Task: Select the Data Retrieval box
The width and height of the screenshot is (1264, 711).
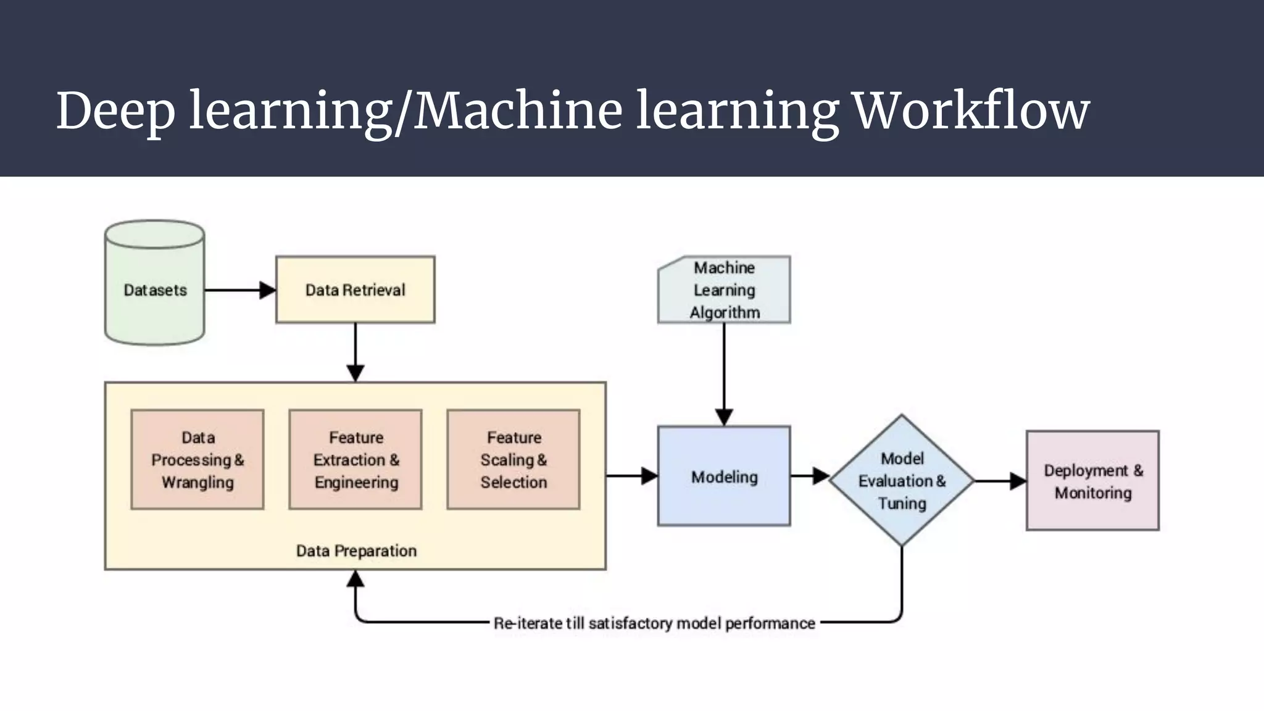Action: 355,289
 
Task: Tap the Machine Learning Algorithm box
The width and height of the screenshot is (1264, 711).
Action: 724,289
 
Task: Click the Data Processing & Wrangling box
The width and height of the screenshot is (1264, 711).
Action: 197,460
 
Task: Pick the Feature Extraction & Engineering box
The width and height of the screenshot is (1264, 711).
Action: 355,460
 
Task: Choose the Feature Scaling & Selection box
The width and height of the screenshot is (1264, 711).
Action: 513,460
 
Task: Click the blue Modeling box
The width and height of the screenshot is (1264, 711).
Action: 724,476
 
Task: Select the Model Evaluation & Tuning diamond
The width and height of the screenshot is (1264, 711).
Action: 902,480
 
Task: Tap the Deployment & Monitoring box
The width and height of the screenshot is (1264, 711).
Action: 1092,481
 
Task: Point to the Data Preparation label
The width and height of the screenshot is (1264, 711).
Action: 356,551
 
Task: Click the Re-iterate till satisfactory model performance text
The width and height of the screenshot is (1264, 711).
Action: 654,623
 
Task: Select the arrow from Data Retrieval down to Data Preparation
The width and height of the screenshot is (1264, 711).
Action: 355,352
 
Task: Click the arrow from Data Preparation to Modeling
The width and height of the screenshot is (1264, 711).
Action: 632,476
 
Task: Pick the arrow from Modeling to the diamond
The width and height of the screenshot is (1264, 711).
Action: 810,476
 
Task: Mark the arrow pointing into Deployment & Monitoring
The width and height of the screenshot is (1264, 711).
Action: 1000,481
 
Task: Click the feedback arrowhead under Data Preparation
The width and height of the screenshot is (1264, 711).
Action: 355,579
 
